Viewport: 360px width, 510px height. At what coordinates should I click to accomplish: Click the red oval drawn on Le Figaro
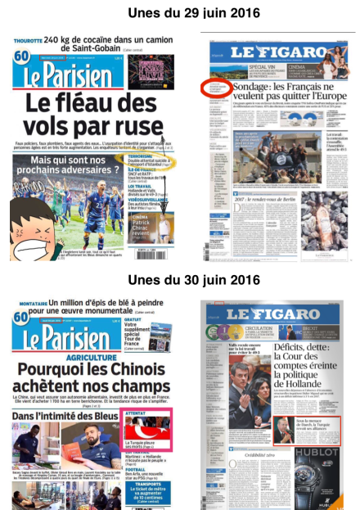pos(215,88)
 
